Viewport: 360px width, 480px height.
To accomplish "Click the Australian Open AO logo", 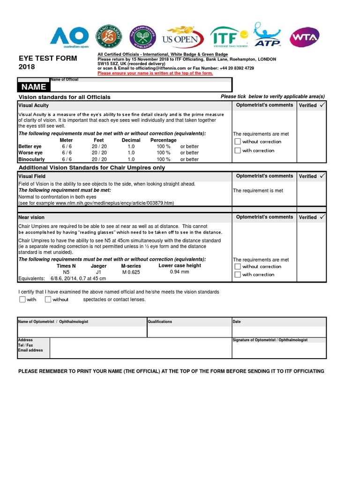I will coord(69,37).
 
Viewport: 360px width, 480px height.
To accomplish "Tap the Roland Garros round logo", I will coord(109,37).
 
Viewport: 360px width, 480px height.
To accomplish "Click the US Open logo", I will coord(182,37).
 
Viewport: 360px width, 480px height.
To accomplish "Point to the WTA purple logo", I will coord(305,37).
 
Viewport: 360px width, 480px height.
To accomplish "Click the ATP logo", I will coord(267,35).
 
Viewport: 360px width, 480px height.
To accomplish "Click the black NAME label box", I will coord(32,87).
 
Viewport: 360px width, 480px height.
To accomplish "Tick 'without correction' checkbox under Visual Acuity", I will coord(238,142).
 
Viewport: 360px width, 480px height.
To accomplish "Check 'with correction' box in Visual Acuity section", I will coord(238,150).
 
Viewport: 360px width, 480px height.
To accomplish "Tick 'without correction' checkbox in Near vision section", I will coord(238,267).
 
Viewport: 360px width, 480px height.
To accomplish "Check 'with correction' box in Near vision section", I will coord(238,275).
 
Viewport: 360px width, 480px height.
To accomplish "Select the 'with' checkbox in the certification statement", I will coord(22,300).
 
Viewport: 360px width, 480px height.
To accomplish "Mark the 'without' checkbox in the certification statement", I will coord(48,300).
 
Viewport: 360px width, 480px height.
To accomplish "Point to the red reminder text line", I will coord(155,73).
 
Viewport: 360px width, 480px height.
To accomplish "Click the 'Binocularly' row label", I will coord(31,159).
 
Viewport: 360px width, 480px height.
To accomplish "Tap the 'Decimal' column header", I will coord(131,140).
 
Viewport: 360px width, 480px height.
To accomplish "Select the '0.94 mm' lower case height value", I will coord(180,272).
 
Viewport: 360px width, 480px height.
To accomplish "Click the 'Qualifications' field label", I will coord(160,322).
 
